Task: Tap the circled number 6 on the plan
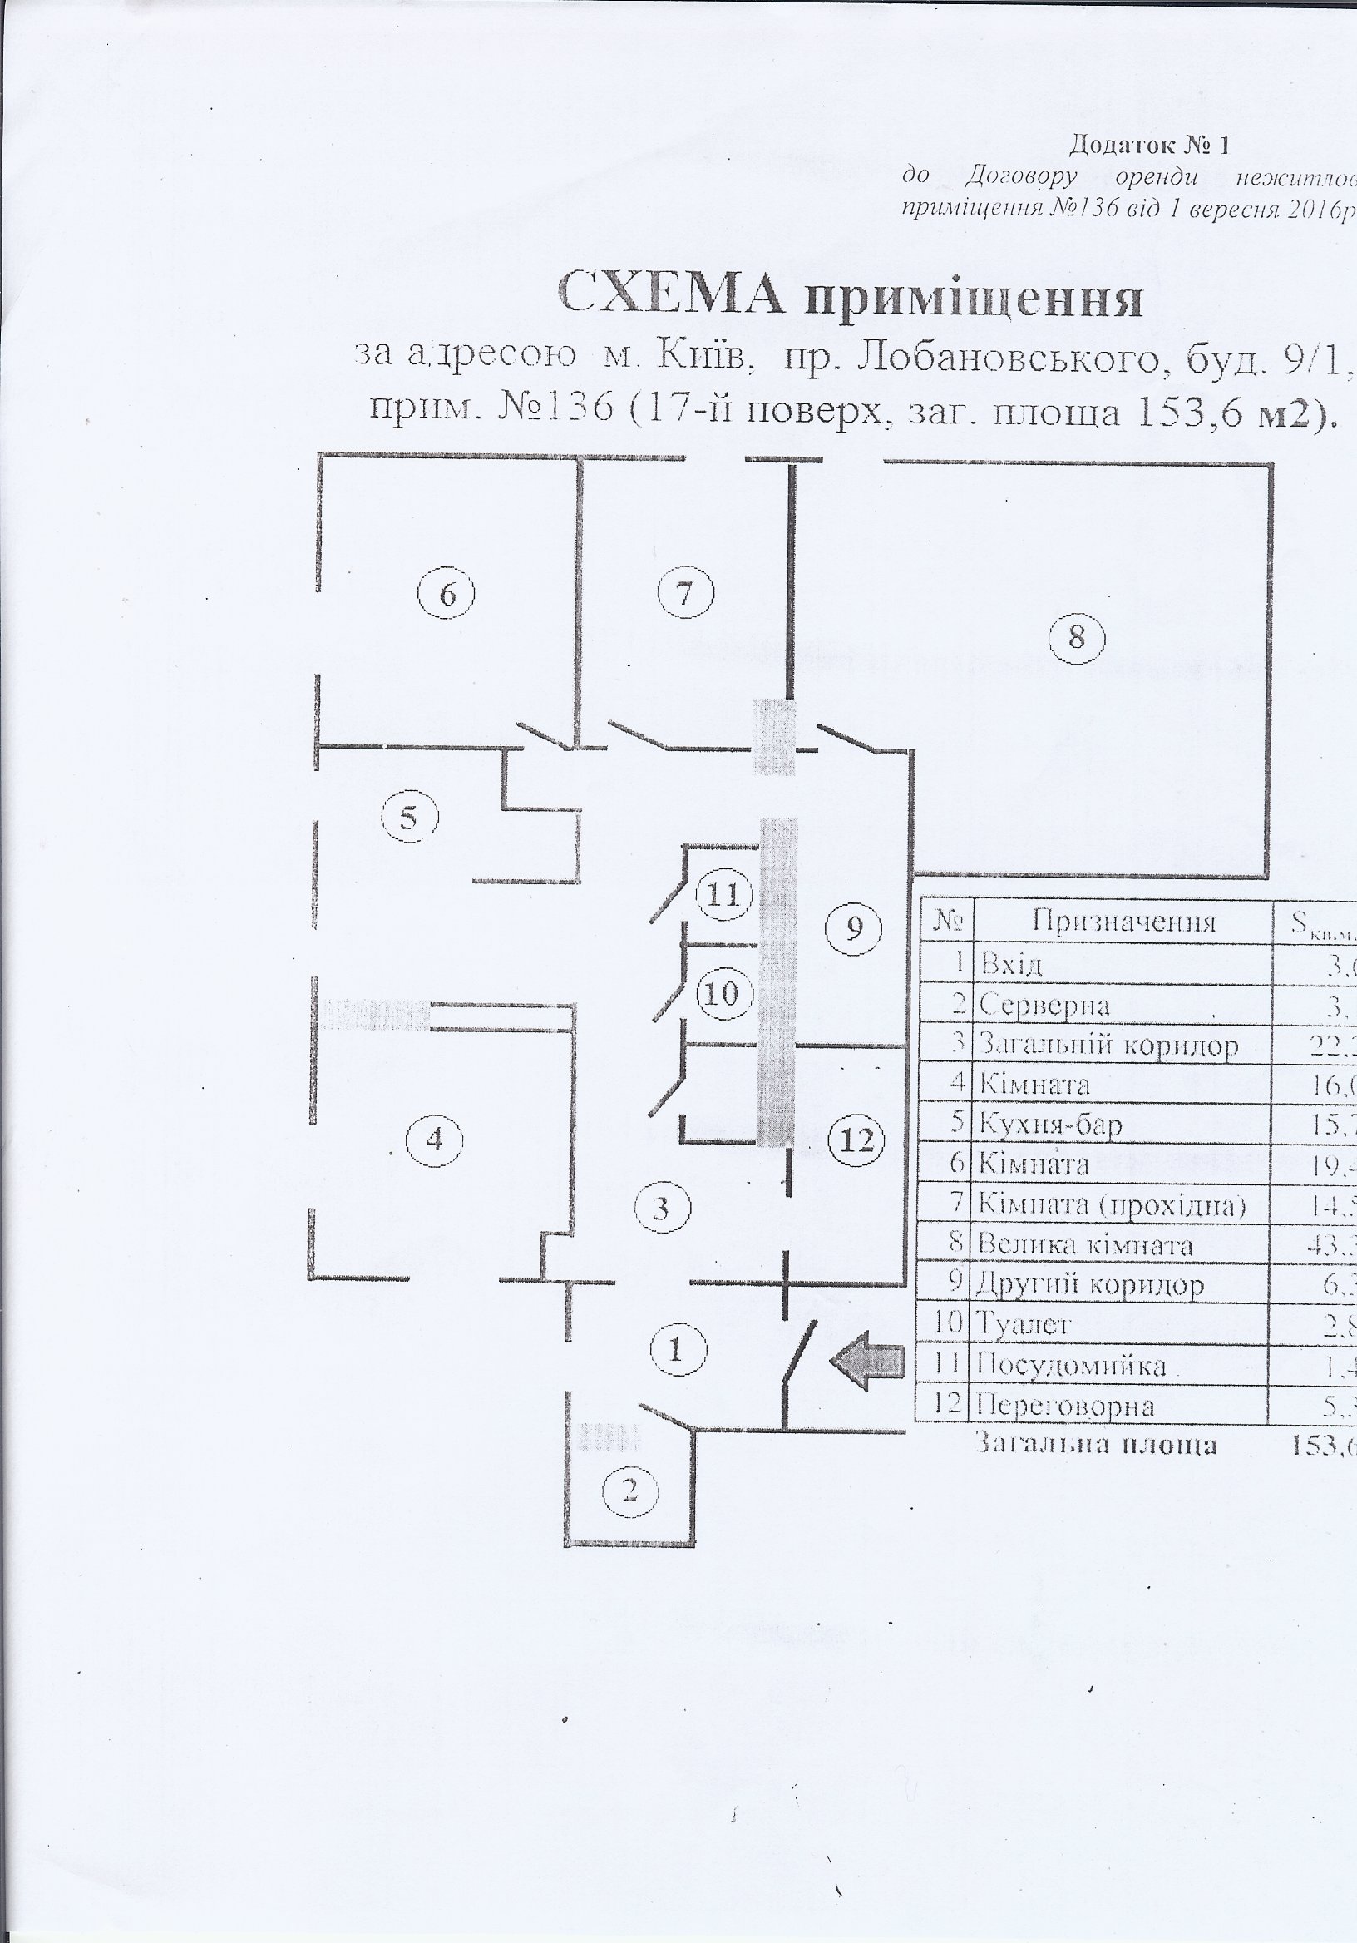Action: pyautogui.click(x=447, y=594)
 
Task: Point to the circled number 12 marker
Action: pyautogui.click(x=856, y=1142)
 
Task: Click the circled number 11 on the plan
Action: pyautogui.click(x=723, y=894)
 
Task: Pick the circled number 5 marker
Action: pyautogui.click(x=410, y=820)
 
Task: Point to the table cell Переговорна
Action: pyautogui.click(x=1065, y=1406)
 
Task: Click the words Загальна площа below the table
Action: pyautogui.click(x=1096, y=1444)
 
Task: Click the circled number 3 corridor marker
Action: pyautogui.click(x=662, y=1207)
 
